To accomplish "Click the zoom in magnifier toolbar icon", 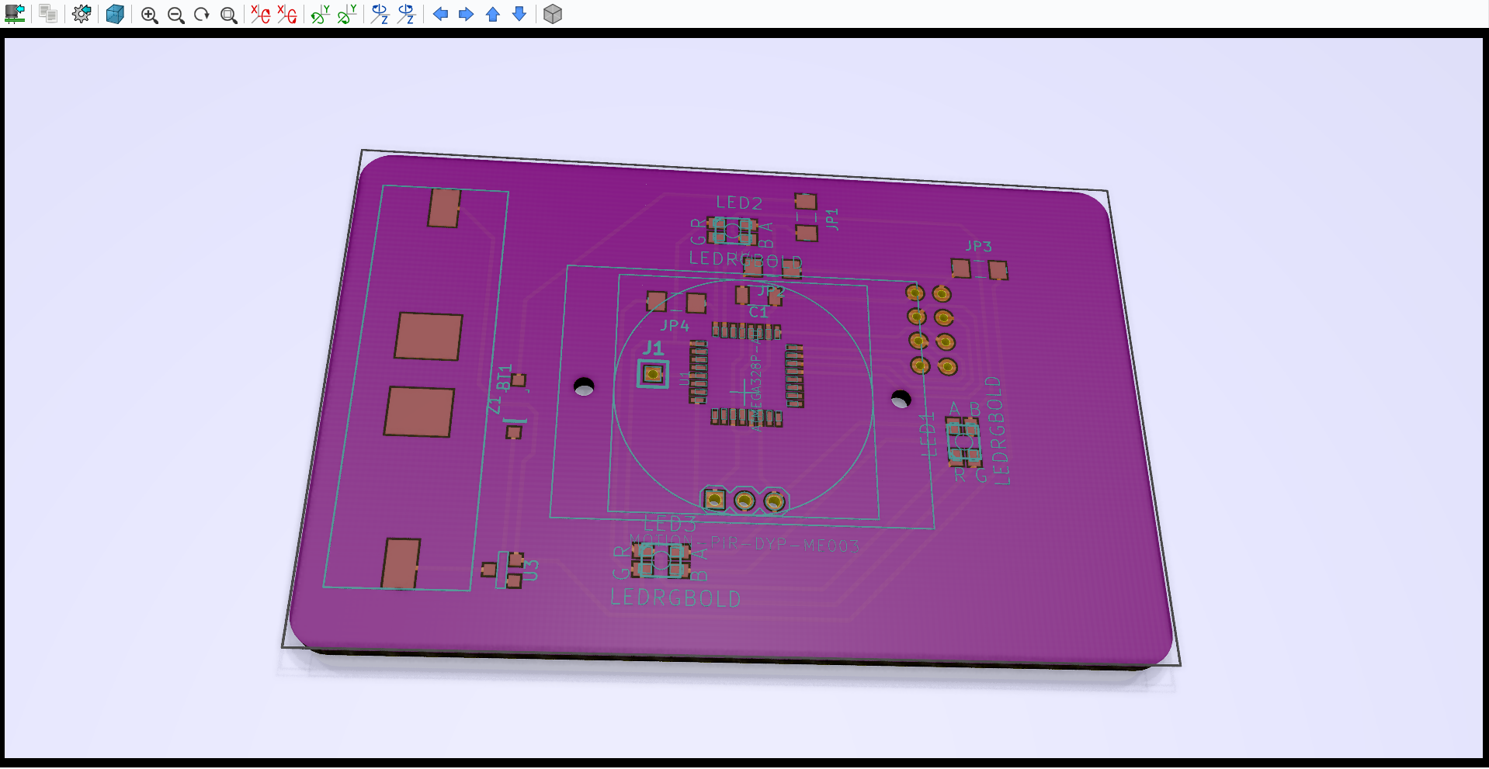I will [x=149, y=15].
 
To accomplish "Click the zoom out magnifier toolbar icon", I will [x=176, y=15].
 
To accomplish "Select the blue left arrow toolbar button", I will [x=440, y=14].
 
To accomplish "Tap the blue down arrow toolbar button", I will [x=519, y=14].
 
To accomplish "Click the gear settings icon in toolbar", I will [x=82, y=14].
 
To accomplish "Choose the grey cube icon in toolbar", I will [x=553, y=14].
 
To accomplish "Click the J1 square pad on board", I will [x=653, y=374].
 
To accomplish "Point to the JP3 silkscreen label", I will [x=978, y=246].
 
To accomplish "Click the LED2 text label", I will [x=738, y=203].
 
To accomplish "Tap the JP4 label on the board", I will [x=675, y=326].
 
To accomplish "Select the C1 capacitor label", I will [x=758, y=312].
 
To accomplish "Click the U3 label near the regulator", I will [x=531, y=570].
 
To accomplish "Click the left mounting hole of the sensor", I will [x=584, y=386].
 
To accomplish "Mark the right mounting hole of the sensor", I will [x=901, y=399].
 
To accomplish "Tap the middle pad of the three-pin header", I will [x=744, y=501].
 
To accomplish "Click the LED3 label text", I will [x=669, y=524].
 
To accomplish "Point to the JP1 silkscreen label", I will [x=832, y=219].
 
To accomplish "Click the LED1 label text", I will [x=928, y=435].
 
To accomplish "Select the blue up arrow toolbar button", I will [x=493, y=14].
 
